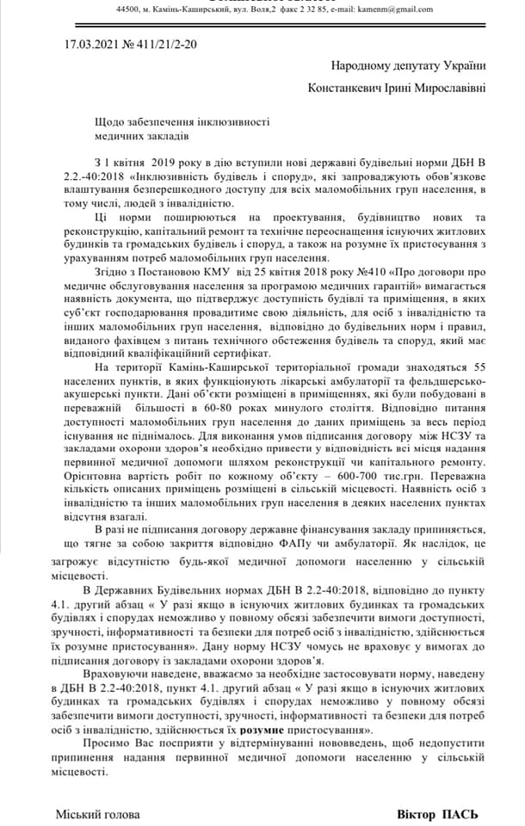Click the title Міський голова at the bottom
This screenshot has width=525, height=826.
pyautogui.click(x=97, y=813)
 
